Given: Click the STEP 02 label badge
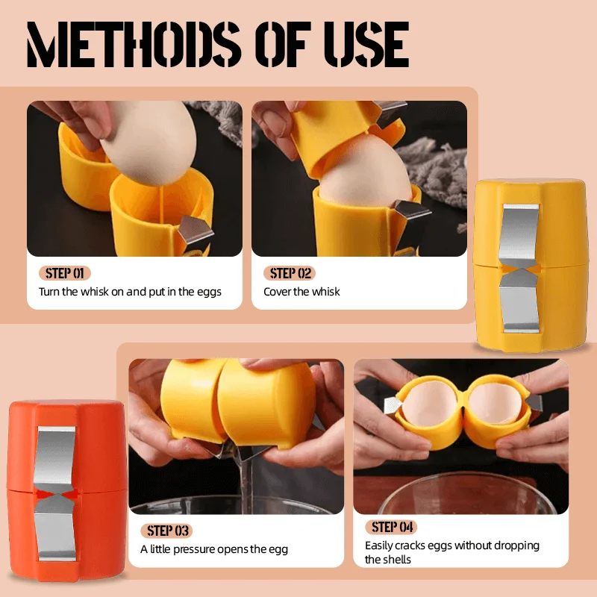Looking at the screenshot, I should click(x=289, y=273).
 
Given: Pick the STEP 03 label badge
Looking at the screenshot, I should click(x=166, y=531).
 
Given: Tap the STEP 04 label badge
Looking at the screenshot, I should click(x=391, y=527).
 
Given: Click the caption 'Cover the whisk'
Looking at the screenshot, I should click(x=301, y=292).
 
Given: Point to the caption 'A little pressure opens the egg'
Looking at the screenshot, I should click(x=214, y=549).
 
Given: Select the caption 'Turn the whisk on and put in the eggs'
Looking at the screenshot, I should click(x=130, y=292).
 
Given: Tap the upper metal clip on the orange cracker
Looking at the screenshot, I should click(x=57, y=456).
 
